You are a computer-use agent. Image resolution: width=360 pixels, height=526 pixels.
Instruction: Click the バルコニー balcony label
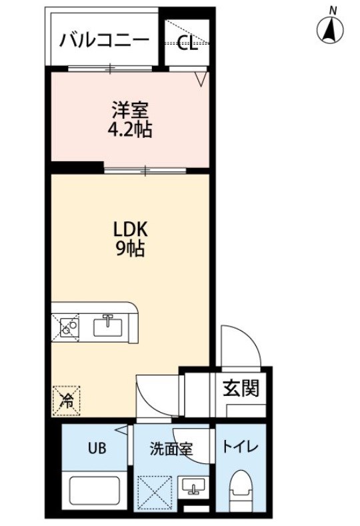(x=104, y=41)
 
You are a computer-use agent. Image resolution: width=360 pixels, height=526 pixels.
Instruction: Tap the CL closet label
(x=187, y=43)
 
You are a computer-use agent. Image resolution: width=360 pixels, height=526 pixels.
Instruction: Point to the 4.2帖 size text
(x=130, y=129)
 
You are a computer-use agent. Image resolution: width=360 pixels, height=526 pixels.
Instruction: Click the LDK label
(x=131, y=230)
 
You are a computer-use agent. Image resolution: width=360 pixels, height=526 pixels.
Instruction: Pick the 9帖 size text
(x=131, y=249)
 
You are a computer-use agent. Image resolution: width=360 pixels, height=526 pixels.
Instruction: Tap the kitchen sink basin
(x=107, y=325)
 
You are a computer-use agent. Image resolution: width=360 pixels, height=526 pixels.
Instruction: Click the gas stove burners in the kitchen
(x=69, y=327)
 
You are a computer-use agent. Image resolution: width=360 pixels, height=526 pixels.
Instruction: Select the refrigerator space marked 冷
(x=66, y=401)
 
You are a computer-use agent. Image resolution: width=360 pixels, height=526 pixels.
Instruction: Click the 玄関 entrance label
(x=241, y=388)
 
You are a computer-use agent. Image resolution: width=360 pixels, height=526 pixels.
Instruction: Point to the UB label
(x=97, y=448)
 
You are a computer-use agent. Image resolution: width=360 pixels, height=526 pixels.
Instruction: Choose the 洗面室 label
(x=171, y=449)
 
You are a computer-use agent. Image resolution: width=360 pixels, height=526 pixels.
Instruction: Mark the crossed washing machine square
(x=154, y=493)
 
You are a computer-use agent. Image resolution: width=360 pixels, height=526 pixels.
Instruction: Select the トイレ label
(x=240, y=447)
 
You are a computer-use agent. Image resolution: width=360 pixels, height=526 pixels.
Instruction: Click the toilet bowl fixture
(x=240, y=491)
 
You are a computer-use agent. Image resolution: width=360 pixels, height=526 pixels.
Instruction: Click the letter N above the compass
(x=333, y=11)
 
